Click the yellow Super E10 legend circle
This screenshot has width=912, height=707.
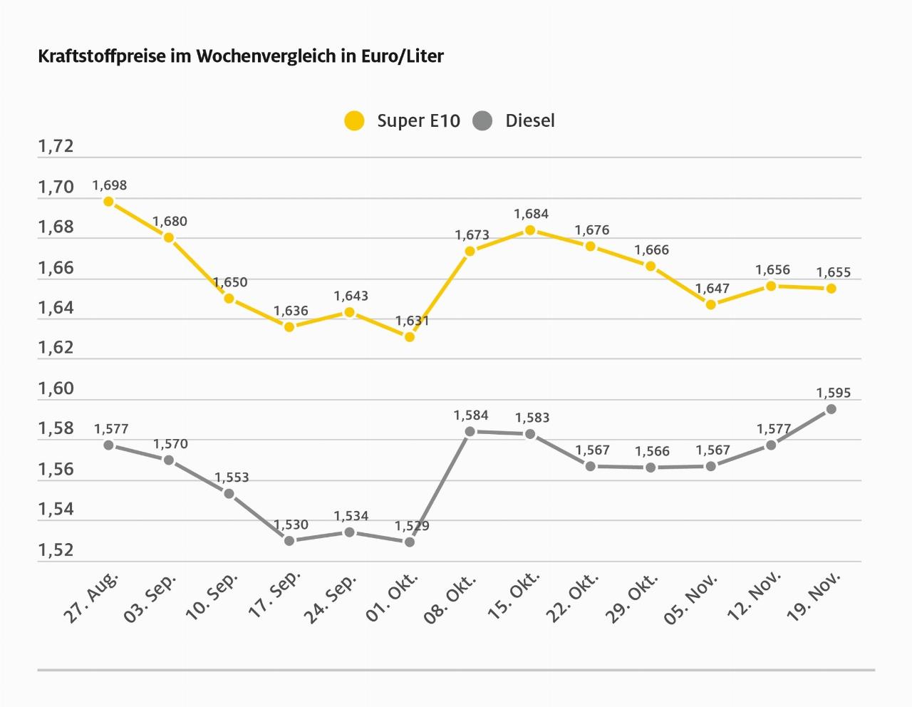click(x=354, y=120)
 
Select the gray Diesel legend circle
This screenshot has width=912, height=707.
click(x=482, y=120)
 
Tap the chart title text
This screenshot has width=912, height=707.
click(x=240, y=56)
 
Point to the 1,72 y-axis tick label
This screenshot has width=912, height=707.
click(x=56, y=147)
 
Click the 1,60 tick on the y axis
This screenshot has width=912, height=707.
click(x=56, y=389)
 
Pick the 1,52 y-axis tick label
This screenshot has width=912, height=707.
click(x=56, y=550)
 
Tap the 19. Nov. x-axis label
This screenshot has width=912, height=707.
click(x=814, y=597)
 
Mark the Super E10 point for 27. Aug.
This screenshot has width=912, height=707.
click(x=109, y=201)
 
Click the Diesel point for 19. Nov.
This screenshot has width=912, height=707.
click(x=831, y=409)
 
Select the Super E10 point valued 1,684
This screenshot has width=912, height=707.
click(x=530, y=229)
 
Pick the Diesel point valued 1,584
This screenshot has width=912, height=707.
click(x=470, y=431)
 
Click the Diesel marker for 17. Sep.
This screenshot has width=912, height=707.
click(x=289, y=541)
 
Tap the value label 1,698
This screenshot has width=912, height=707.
click(x=110, y=185)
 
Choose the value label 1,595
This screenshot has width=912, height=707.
click(x=833, y=393)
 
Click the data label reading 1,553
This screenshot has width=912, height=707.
click(x=232, y=478)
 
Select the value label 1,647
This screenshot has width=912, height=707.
click(x=712, y=289)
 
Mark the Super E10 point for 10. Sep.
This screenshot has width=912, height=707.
click(x=229, y=298)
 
